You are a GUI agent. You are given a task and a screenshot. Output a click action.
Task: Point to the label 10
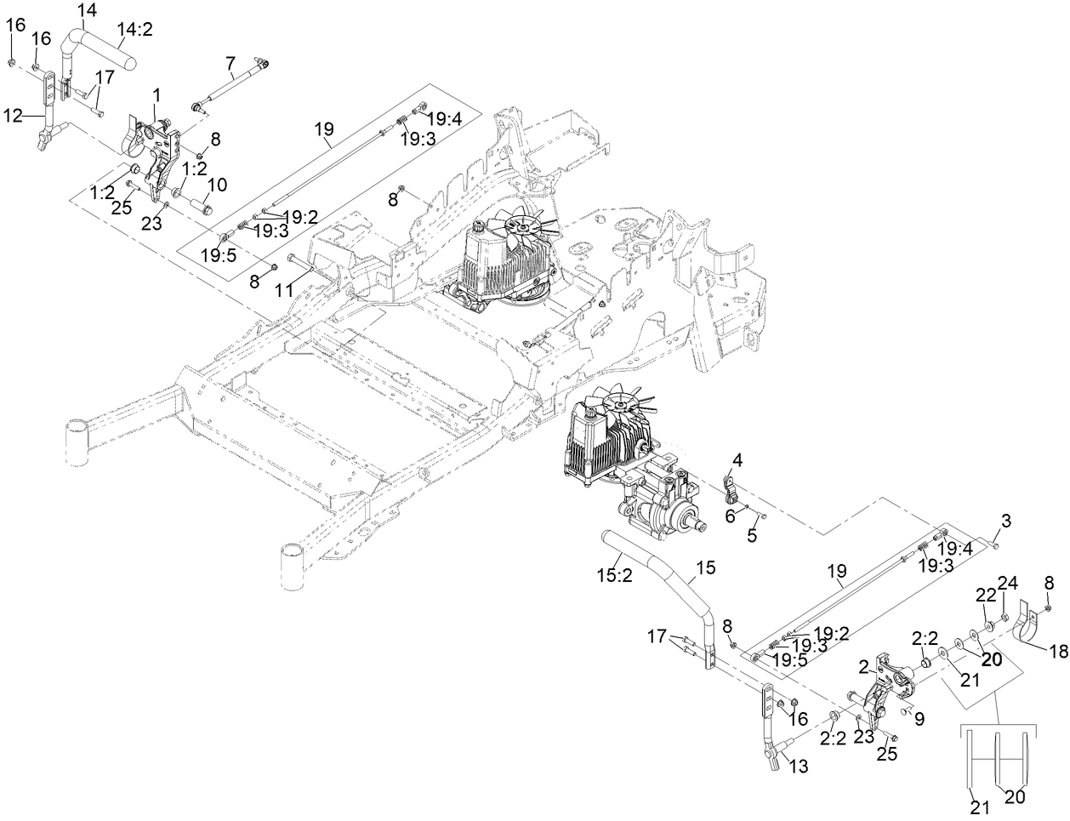pyautogui.click(x=217, y=184)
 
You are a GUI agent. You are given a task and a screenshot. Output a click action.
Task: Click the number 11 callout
pyautogui.click(x=283, y=291)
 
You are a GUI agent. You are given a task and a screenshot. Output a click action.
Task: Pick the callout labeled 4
pyautogui.click(x=737, y=460)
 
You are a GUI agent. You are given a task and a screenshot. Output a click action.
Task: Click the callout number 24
pyautogui.click(x=1008, y=584)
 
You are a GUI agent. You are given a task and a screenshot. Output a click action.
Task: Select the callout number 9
pyautogui.click(x=919, y=719)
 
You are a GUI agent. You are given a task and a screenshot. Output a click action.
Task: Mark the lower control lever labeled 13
pyautogui.click(x=770, y=727)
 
